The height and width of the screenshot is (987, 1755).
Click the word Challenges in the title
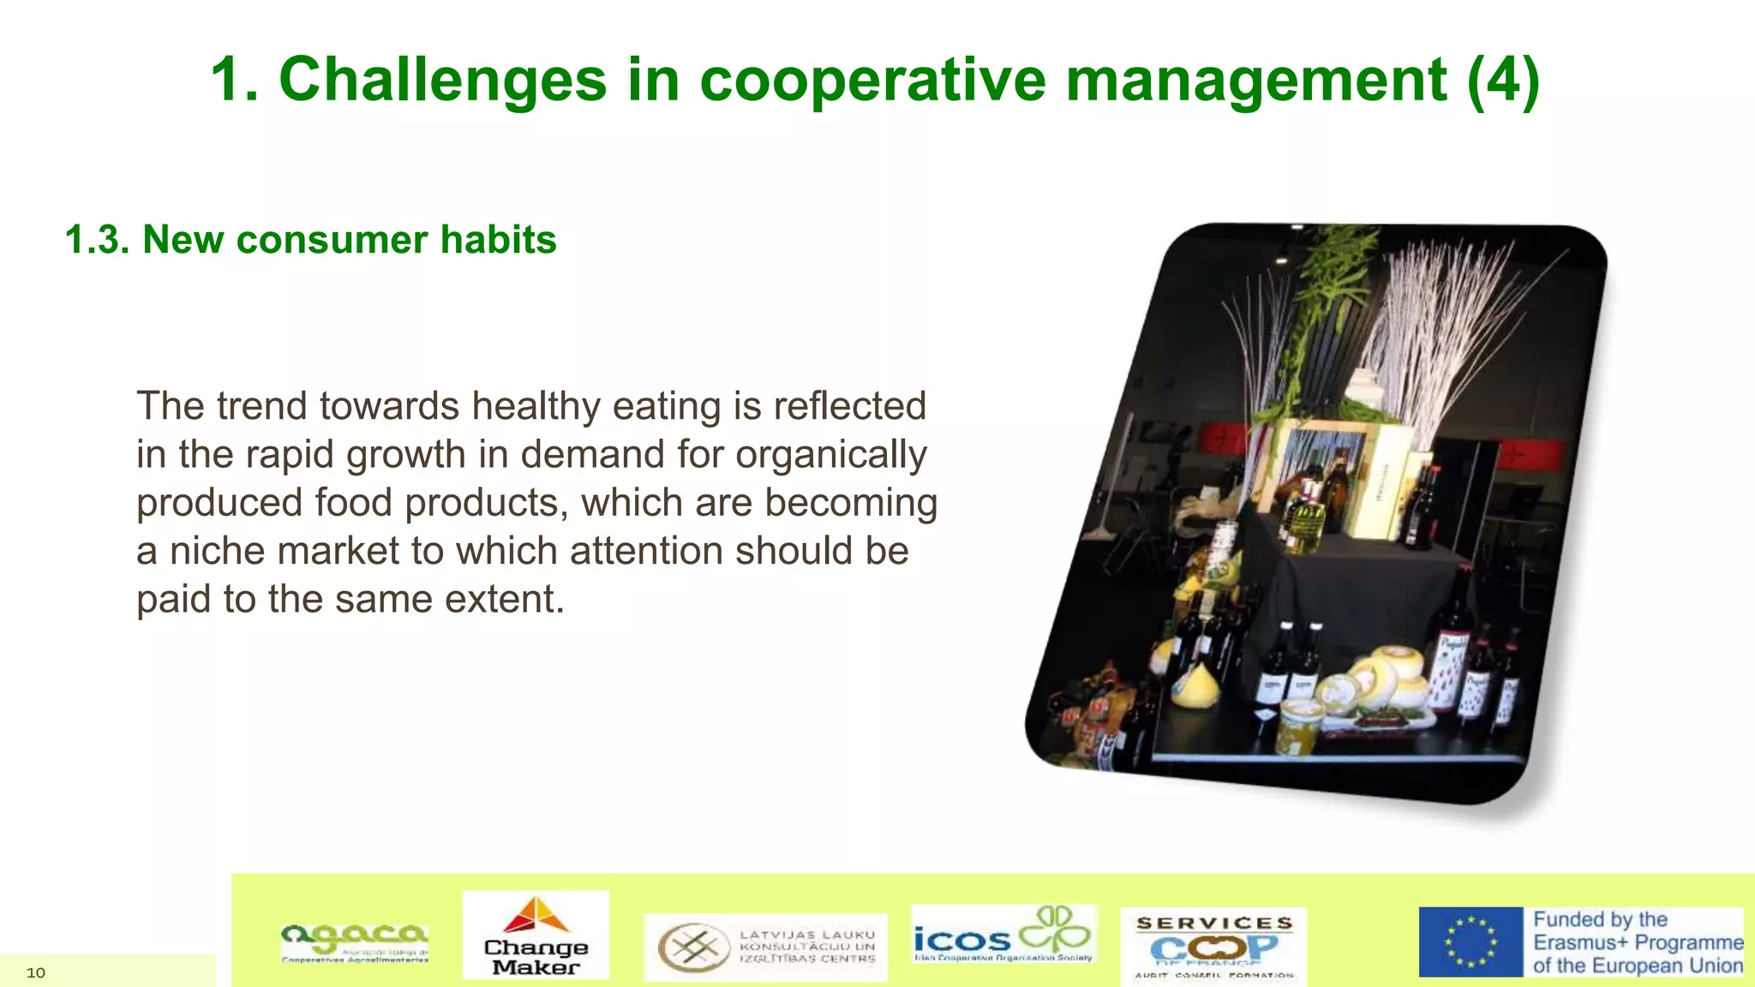pyautogui.click(x=442, y=81)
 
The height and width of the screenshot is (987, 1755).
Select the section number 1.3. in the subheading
pyautogui.click(x=97, y=240)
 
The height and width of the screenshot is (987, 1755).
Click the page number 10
pyautogui.click(x=36, y=972)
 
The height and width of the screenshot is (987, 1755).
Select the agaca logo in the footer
pyautogui.click(x=355, y=942)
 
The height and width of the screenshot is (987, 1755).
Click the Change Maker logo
pyautogui.click(x=536, y=936)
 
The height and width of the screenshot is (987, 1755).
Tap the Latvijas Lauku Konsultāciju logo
pyautogui.click(x=765, y=947)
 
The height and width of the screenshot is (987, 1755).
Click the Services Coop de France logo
pyautogui.click(x=1213, y=946)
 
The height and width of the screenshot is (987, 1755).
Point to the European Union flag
pyautogui.click(x=1470, y=942)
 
